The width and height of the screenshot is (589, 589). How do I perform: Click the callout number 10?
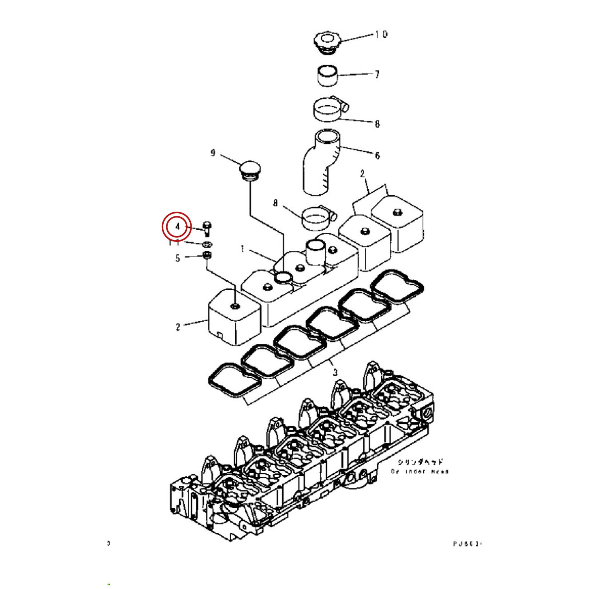pos(381,35)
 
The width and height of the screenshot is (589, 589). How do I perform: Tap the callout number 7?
pos(377,74)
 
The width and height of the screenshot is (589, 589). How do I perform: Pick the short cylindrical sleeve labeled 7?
pos(327,75)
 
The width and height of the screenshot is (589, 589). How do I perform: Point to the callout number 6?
pos(377,155)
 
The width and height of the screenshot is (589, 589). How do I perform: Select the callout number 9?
pos(213,153)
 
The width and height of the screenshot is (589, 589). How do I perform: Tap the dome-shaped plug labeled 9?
pos(247,170)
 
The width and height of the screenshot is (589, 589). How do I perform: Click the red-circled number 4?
pos(177,227)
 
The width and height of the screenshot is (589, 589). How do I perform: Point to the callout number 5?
pos(177,258)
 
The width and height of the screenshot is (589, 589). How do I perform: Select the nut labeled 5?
pos(207,256)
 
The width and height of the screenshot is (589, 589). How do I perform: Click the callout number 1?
pos(242,249)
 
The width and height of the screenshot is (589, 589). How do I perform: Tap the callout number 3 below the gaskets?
pos(335,372)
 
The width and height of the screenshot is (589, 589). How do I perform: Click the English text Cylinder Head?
pos(419,471)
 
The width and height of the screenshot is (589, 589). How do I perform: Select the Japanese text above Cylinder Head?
pos(420,462)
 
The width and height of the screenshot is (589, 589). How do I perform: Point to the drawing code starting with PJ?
pos(466,544)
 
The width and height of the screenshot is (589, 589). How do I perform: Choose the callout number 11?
pos(174,242)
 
